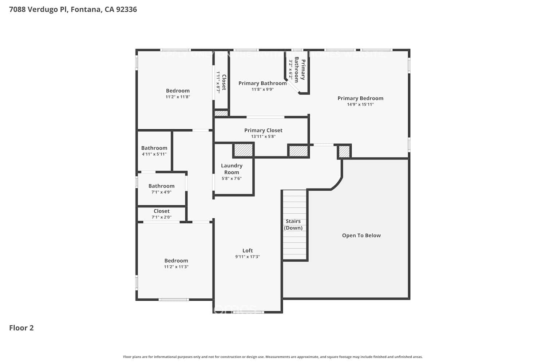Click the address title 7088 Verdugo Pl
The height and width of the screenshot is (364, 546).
click(x=73, y=9)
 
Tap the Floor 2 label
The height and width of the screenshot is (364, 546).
click(x=21, y=328)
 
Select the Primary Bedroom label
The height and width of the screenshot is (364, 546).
click(x=360, y=98)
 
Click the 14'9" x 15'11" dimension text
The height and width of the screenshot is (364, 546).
click(x=360, y=104)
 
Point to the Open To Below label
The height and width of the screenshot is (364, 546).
click(x=361, y=236)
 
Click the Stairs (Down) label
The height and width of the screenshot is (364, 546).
click(x=293, y=225)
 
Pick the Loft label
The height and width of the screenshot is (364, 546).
click(x=248, y=250)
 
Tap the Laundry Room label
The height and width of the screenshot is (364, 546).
click(x=232, y=169)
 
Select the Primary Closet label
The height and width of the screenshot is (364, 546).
click(x=263, y=130)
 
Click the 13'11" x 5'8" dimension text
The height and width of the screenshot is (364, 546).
click(x=263, y=136)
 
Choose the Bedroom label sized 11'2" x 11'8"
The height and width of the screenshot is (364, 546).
click(x=178, y=91)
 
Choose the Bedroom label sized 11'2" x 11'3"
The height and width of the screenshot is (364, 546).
click(x=176, y=261)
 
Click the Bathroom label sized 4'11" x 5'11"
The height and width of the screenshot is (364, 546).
click(x=154, y=148)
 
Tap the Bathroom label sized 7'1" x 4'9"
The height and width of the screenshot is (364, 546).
click(x=161, y=186)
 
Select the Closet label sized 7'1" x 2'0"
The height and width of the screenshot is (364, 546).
click(x=161, y=211)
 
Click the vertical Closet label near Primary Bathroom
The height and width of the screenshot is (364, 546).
click(x=224, y=82)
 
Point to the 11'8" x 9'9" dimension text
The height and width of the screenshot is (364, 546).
click(x=262, y=90)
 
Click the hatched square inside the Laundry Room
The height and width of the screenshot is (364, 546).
click(x=243, y=150)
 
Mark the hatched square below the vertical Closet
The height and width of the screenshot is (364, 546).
click(x=221, y=114)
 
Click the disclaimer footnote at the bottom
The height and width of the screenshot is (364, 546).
click(x=273, y=357)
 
